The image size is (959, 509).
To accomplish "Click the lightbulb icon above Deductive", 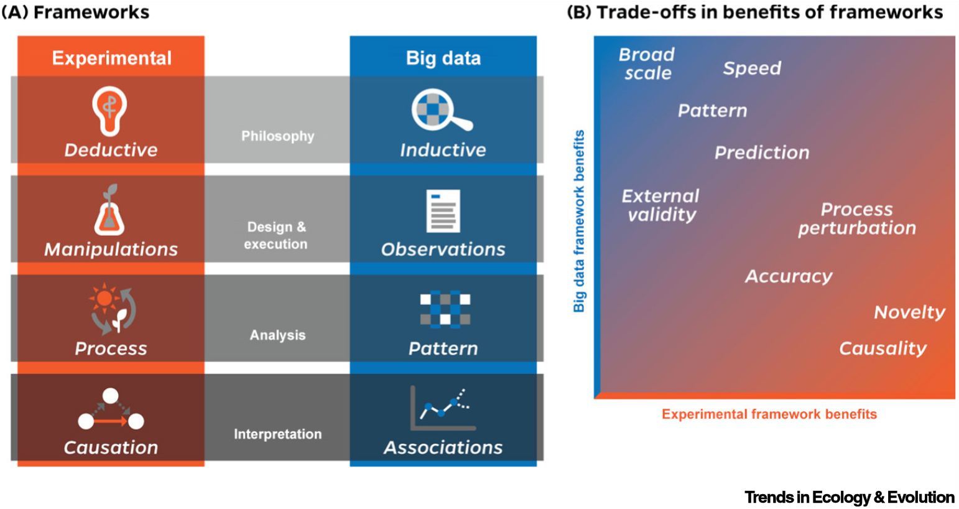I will [109, 111].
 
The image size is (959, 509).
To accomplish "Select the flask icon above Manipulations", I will [109, 210].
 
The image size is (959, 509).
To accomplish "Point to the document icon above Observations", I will [443, 210].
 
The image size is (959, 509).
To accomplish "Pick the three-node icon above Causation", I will [111, 410].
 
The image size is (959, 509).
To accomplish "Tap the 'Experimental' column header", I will [111, 58].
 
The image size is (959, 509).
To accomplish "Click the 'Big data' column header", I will [443, 58].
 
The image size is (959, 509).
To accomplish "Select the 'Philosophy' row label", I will [277, 136].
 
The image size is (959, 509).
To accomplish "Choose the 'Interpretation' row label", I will [277, 434].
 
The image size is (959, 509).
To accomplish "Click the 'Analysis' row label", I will [277, 335].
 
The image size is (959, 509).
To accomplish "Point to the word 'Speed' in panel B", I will [751, 68].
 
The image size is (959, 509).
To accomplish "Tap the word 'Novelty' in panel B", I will [909, 312].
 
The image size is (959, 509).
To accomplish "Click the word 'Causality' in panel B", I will [882, 348].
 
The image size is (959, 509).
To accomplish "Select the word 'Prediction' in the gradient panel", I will [761, 152].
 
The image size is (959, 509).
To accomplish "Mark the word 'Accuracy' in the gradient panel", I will [788, 276].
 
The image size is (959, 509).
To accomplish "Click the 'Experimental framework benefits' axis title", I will [769, 414].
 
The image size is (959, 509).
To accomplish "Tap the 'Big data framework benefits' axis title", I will [579, 221].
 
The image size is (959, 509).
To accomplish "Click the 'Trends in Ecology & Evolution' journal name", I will [849, 497].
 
